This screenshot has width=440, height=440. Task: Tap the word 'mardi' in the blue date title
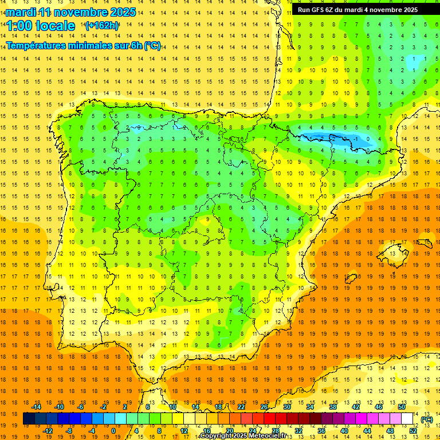tap(20, 12)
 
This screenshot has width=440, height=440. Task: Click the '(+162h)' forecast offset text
tap(101, 26)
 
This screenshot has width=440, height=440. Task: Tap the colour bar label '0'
tap(113, 431)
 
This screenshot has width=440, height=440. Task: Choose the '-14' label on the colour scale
tap(36, 407)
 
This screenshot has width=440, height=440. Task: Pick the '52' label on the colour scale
tap(413, 431)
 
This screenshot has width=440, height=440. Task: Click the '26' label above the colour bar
tap(264, 407)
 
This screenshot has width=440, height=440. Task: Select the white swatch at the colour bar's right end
tap(407, 419)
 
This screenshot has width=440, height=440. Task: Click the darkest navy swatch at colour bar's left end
tap(29, 419)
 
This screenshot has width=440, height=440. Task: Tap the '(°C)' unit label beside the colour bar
tap(426, 419)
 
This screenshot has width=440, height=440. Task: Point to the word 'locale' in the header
tap(54, 26)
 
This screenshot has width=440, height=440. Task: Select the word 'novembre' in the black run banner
tap(387, 10)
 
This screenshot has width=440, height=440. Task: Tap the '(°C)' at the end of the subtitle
tap(152, 46)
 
